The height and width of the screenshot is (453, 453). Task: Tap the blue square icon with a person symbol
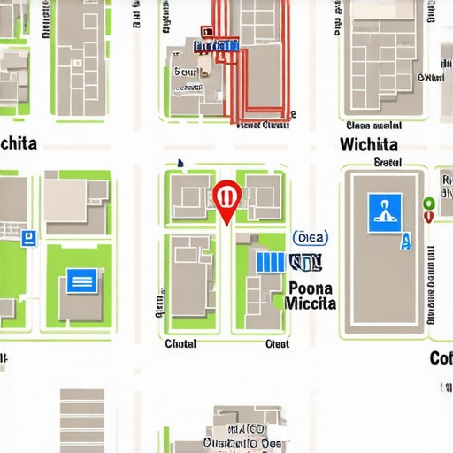click(384, 212)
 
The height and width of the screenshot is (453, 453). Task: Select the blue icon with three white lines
click(81, 282)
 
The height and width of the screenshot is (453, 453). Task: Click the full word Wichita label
click(368, 144)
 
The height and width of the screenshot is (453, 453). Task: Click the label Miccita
click(311, 303)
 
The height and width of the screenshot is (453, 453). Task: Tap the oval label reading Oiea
click(310, 237)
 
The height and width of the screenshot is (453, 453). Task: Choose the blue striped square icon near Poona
click(271, 262)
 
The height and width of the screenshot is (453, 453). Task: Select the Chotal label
click(181, 343)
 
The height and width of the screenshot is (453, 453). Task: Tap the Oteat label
click(278, 343)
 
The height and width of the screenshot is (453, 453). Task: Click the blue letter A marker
click(406, 241)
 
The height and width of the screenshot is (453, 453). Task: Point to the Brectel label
click(388, 163)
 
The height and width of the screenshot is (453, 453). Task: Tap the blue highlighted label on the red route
click(215, 45)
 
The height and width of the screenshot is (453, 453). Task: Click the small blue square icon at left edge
click(28, 237)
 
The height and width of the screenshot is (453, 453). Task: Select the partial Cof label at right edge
click(441, 358)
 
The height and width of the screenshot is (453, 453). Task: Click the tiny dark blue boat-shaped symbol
click(180, 164)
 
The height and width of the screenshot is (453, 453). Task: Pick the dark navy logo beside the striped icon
click(306, 263)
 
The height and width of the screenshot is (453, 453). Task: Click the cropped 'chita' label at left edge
click(19, 143)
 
